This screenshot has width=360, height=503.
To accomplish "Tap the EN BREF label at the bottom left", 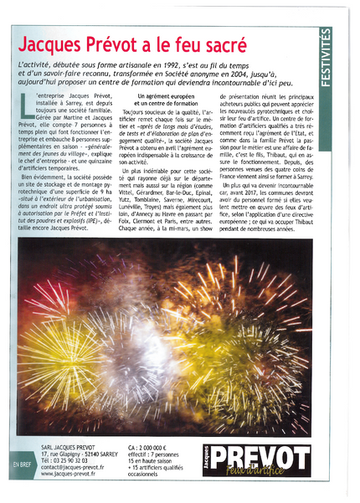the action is (x=20, y=462).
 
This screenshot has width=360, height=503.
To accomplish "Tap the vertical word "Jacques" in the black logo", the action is (x=208, y=460).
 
